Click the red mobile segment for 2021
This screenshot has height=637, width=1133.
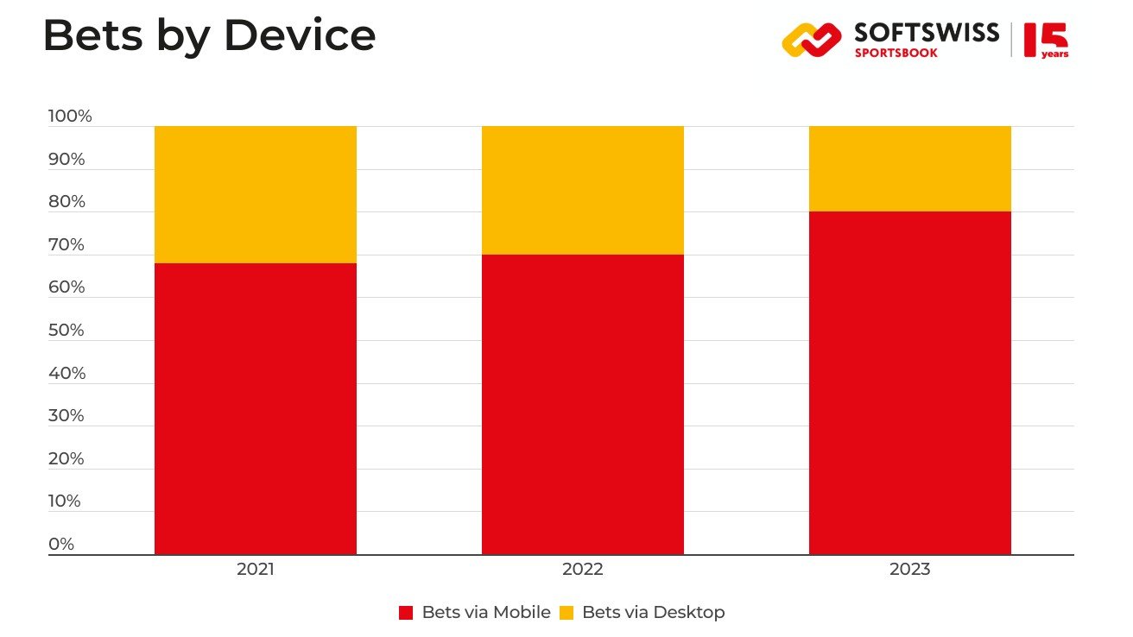(x=256, y=408)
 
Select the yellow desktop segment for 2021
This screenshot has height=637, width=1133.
(x=256, y=194)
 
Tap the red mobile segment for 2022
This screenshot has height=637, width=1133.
(x=583, y=404)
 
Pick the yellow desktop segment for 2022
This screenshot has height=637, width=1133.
(x=583, y=190)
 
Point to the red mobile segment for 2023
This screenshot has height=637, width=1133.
(x=910, y=382)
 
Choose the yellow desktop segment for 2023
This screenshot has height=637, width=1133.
(x=910, y=168)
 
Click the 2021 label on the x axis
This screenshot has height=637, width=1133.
(x=256, y=570)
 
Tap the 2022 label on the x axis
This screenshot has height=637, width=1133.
(x=583, y=570)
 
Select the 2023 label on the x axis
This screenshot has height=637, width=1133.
(x=910, y=570)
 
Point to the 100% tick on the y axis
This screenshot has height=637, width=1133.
(x=70, y=117)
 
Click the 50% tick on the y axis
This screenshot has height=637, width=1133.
(x=66, y=331)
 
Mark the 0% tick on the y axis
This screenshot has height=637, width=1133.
(x=61, y=545)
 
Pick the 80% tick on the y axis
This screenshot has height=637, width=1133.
(x=66, y=202)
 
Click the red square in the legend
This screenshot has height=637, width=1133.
(x=406, y=613)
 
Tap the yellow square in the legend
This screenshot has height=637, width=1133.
(x=566, y=613)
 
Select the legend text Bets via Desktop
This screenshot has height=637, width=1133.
(x=654, y=613)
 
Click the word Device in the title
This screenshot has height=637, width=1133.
(x=299, y=36)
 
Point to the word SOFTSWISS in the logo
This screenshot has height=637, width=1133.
(x=927, y=33)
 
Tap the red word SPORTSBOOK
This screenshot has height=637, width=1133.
(x=896, y=54)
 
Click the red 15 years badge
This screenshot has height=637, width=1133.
(x=1046, y=41)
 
